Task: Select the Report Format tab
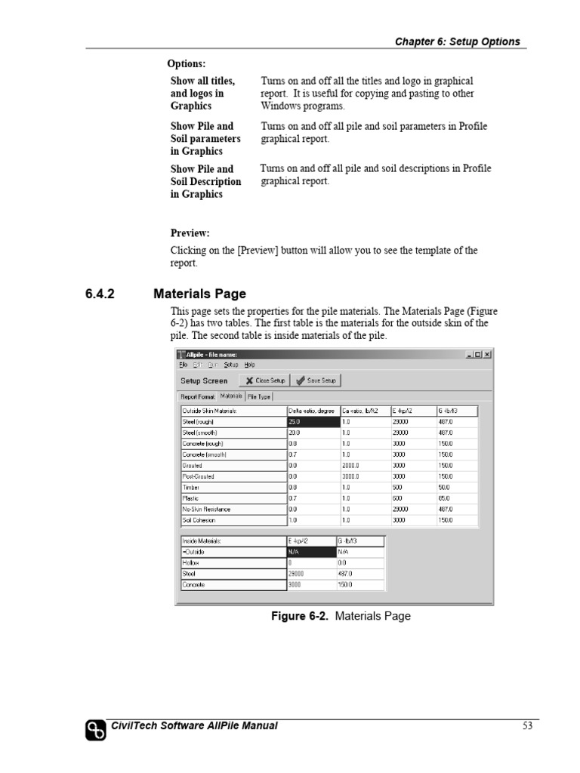click(198, 396)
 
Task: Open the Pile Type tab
click(259, 396)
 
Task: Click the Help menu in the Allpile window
click(250, 365)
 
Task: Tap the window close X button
click(487, 354)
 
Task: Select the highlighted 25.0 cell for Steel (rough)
click(312, 422)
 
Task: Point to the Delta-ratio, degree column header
click(312, 411)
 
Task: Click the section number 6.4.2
click(100, 294)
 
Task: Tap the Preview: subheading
click(190, 233)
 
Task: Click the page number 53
click(527, 726)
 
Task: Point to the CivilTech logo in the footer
click(95, 730)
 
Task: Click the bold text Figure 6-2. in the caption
click(301, 617)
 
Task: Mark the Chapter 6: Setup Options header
click(457, 42)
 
